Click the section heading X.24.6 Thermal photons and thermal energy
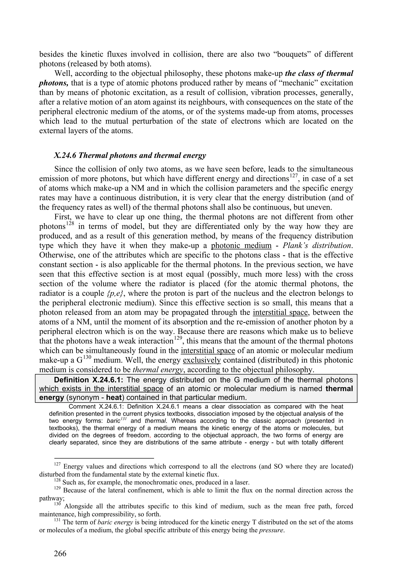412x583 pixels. (x=130, y=155)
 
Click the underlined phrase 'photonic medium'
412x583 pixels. (x=241, y=246)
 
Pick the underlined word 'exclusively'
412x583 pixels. (x=202, y=360)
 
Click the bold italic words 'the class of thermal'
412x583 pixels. (x=319, y=73)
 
